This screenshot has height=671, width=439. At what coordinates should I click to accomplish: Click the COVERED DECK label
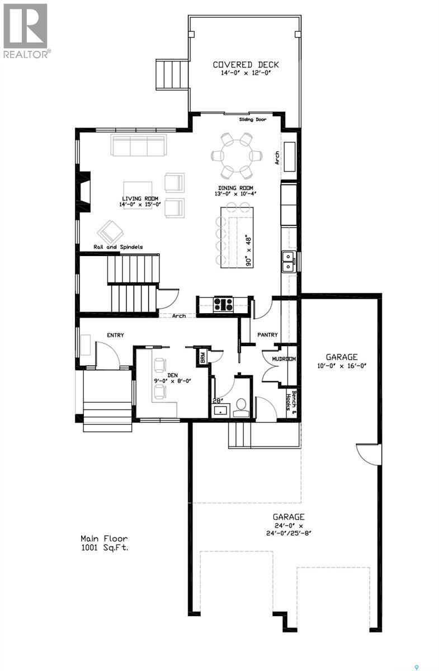coord(246,65)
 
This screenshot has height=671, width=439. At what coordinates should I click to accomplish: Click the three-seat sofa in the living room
coord(138,145)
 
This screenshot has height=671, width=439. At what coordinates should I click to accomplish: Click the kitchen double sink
coord(289,261)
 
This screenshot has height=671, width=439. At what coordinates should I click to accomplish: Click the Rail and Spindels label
coord(119,247)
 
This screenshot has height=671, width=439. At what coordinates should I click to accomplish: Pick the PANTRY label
coord(267,335)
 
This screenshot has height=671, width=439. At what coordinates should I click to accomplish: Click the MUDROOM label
coord(284,359)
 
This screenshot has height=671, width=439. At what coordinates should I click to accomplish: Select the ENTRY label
coord(115,335)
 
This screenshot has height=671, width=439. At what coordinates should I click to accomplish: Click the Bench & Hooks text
coord(290,400)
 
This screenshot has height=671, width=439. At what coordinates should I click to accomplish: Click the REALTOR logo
coord(26,30)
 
